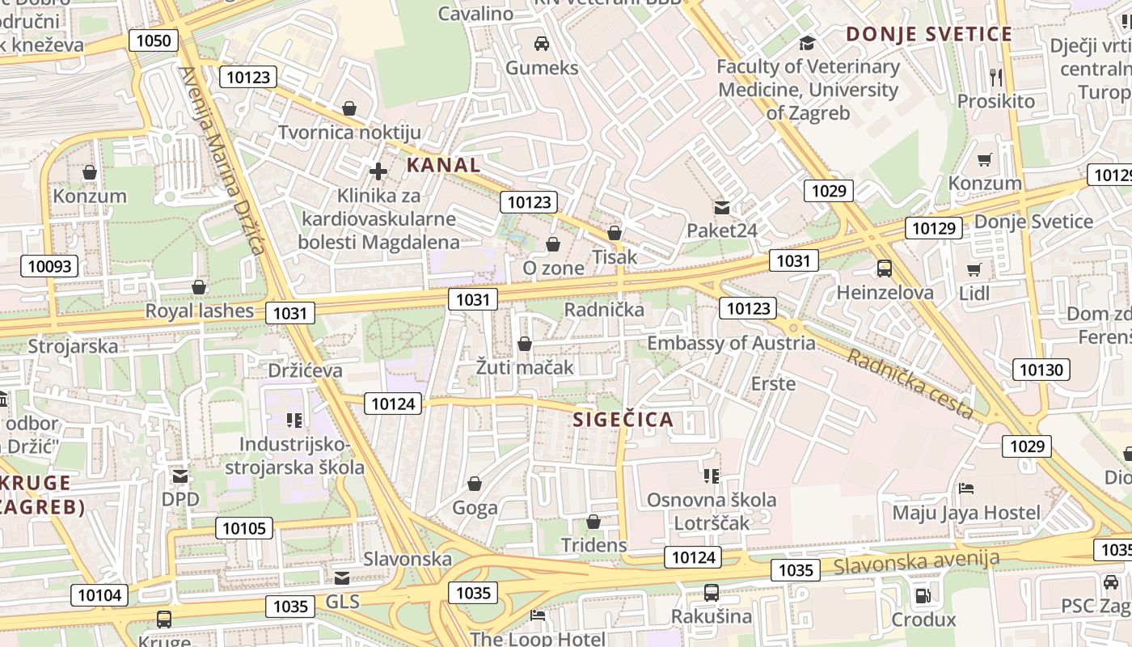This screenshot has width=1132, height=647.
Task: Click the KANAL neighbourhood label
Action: [x=443, y=166]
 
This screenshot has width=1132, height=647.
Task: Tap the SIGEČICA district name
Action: [x=623, y=420]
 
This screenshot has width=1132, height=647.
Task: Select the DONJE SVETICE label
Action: [x=929, y=35]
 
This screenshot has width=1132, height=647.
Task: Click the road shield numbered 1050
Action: [x=154, y=40]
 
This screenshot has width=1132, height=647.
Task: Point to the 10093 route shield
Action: [x=50, y=266]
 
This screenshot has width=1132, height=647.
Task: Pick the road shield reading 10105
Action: [x=243, y=529]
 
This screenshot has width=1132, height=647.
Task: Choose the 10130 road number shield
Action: [x=1041, y=370]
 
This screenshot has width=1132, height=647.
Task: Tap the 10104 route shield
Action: [x=99, y=596]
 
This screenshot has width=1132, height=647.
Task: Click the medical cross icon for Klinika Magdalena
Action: [x=378, y=171]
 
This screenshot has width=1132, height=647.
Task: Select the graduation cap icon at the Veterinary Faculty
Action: [x=807, y=43]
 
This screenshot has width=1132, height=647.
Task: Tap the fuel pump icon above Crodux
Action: [x=923, y=597]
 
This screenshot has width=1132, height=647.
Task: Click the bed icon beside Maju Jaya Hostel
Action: [x=966, y=488]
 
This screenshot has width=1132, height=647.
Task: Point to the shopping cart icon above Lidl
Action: [x=974, y=269]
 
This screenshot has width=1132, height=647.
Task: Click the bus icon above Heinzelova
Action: [x=885, y=269]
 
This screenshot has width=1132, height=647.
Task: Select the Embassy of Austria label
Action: [x=731, y=343]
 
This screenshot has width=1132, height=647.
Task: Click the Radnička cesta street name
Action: [x=910, y=383]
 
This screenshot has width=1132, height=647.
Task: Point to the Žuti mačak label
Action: [x=525, y=367]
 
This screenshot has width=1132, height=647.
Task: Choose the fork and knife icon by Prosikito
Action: [x=996, y=77]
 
